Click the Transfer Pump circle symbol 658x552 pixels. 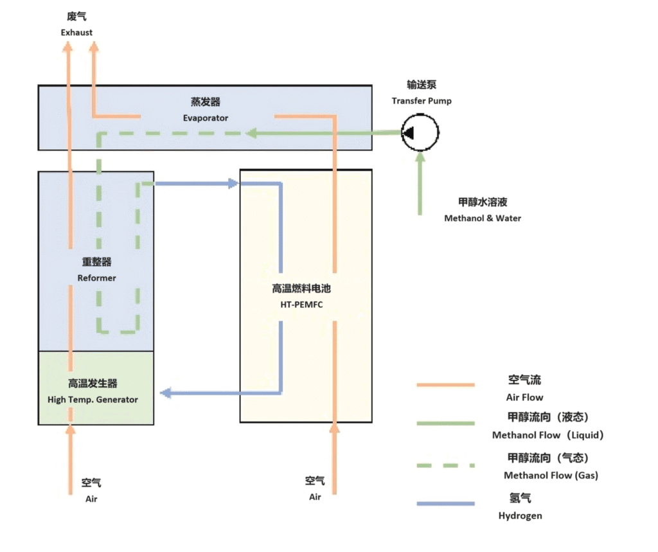pos(420,133)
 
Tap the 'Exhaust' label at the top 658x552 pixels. pos(76,32)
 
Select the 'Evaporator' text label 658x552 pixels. pos(205,118)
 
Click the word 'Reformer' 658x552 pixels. pos(96,278)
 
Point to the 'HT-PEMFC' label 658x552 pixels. pos(301,304)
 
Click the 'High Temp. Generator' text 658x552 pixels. pos(93,399)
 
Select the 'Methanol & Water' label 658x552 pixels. pos(483,218)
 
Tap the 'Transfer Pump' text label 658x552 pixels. pos(422,101)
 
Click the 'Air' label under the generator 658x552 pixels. pos(92,498)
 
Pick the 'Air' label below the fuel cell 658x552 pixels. pos(315,497)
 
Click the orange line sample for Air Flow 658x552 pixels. pos(445,385)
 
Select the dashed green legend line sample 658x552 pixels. pos(445,465)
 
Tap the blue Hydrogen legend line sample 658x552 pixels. pos(445,504)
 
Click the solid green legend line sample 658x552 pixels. pos(445,423)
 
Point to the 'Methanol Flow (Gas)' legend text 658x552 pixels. pos(551,476)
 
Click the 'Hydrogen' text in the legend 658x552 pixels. pos(520,515)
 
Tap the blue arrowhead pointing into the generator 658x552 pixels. pos(165,393)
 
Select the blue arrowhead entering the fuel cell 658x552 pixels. pos(233,184)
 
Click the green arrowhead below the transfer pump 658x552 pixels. pos(420,158)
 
